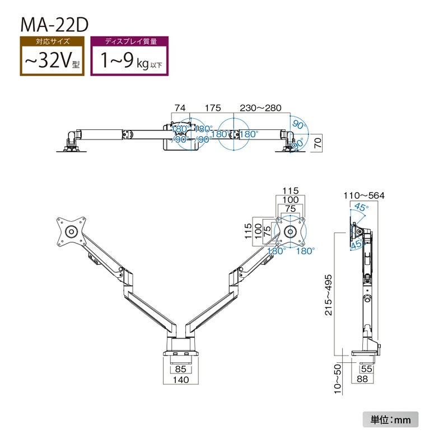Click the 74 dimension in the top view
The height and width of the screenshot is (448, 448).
[180, 108]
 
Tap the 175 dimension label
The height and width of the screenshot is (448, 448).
[213, 108]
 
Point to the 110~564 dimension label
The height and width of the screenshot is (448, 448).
[365, 195]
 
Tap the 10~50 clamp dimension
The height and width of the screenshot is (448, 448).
[338, 380]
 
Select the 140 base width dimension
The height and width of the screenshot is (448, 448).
[180, 380]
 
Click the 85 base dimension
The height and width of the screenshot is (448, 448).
[180, 369]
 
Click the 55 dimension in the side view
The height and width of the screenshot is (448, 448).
[367, 369]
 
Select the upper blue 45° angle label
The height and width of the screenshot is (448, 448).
[361, 208]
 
